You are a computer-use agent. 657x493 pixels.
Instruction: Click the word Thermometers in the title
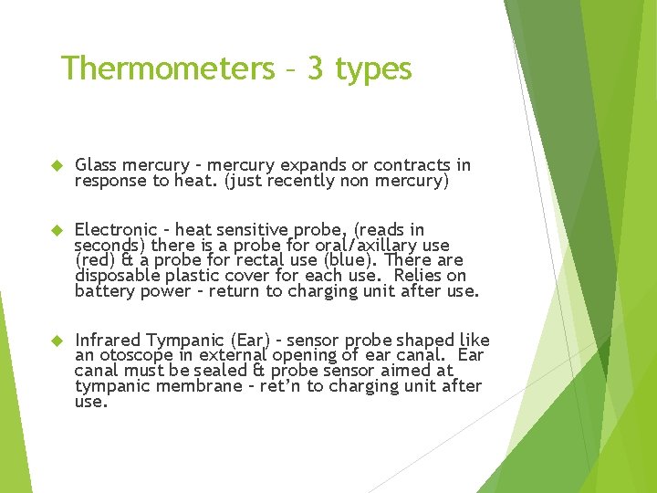tap(166, 68)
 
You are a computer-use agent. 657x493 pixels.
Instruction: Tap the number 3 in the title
tap(315, 68)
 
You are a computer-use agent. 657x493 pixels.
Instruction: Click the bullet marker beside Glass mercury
tap(54, 165)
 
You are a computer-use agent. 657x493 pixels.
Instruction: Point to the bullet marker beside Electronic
tap(54, 229)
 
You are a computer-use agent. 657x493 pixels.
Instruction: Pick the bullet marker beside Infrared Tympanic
tap(54, 340)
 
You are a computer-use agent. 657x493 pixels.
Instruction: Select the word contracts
tap(404, 165)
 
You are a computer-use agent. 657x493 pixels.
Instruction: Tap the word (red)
tap(94, 260)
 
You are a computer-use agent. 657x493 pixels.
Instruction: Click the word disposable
tap(115, 276)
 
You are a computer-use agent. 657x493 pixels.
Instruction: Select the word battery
tap(105, 291)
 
